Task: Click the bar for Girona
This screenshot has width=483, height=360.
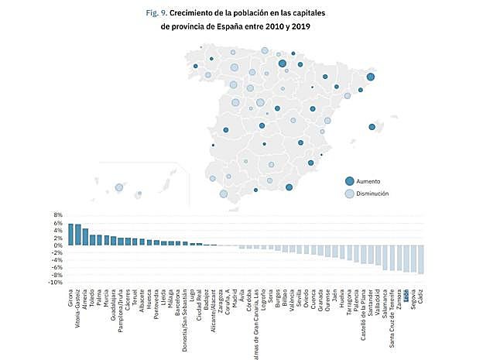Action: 70,235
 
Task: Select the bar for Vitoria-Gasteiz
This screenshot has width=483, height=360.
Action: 77,235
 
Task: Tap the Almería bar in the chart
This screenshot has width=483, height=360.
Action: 85,237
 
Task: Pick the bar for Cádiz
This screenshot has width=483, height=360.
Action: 421,259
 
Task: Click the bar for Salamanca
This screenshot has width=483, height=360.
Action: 385,256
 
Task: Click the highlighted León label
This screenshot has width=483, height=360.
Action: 406,295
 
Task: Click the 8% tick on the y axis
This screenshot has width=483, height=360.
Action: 57,214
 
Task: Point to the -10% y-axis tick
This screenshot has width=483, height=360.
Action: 54,283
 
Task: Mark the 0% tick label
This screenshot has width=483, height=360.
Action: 57,245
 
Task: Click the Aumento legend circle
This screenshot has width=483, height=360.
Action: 350,180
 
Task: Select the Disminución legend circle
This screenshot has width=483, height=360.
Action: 350,194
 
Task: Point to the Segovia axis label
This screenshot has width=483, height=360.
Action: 414,300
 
